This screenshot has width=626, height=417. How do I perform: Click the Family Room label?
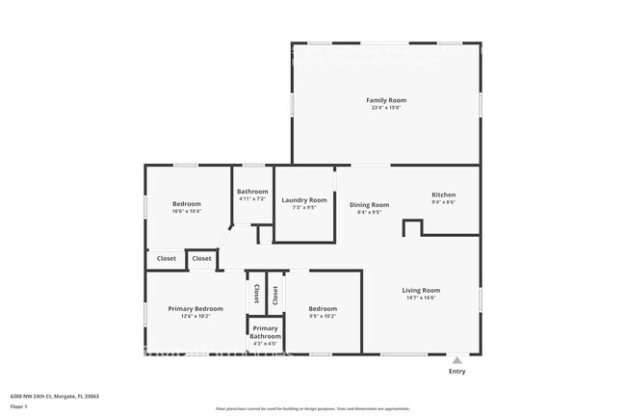point(385,100)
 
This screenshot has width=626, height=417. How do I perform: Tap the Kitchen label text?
point(443,195)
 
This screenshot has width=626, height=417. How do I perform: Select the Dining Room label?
point(369,204)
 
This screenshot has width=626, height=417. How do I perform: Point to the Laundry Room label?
point(304,200)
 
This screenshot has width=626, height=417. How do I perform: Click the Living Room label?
point(421,290)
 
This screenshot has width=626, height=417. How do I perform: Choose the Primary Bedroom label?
point(196,308)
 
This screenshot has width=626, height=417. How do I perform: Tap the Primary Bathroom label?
point(265,332)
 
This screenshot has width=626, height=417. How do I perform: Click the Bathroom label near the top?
point(252,192)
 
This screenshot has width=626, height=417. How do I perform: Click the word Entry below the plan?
point(456,371)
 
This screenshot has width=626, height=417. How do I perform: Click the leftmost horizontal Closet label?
point(167,258)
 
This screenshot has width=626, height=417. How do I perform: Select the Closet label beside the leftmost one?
point(201,258)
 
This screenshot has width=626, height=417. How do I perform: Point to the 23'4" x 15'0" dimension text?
point(385,108)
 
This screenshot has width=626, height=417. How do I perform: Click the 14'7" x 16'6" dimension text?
point(421,298)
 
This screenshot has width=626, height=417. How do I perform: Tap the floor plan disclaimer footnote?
point(313,409)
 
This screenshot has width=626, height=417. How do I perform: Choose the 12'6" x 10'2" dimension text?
point(196,316)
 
